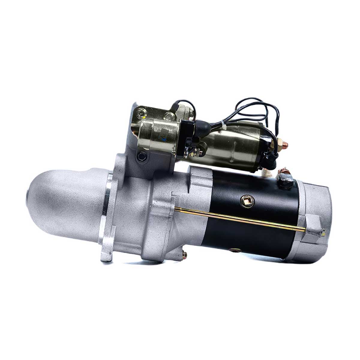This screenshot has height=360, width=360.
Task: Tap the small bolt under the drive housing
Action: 184,254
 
